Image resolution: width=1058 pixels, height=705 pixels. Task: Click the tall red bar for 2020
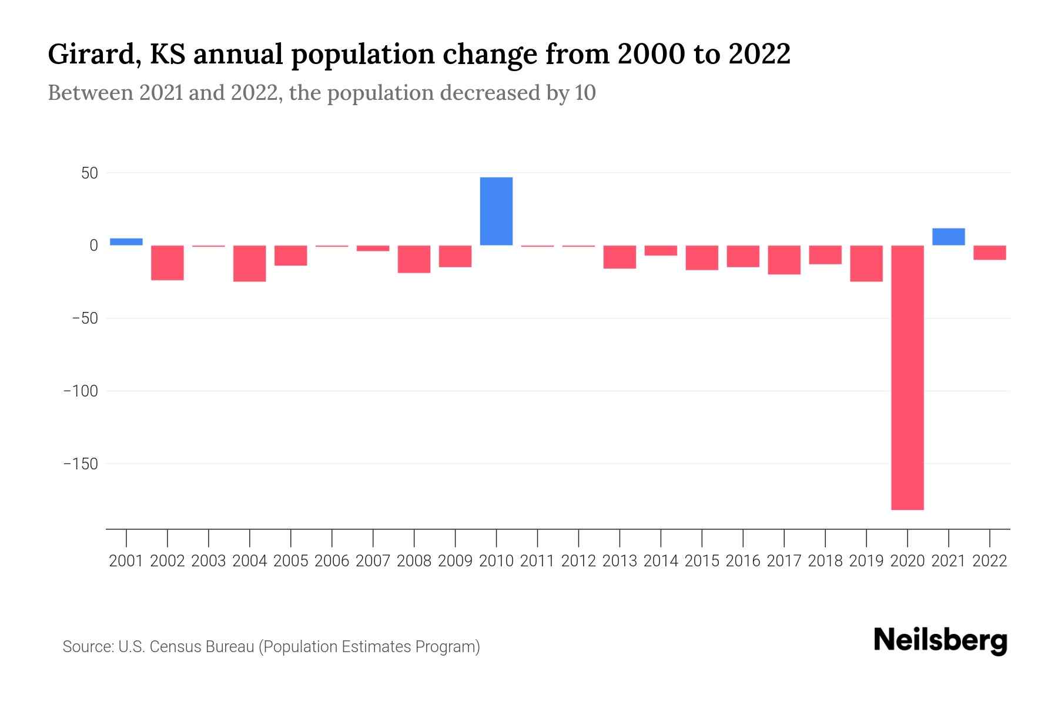908,377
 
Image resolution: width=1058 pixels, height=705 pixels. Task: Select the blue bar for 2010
496,211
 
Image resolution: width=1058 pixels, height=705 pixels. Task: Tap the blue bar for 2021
949,237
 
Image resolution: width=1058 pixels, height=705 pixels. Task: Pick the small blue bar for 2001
126,241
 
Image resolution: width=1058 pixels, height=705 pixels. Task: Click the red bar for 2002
168,263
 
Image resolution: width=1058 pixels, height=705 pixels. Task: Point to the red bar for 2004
250,263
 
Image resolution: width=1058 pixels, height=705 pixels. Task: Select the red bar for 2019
866,263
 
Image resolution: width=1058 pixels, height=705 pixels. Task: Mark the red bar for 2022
990,253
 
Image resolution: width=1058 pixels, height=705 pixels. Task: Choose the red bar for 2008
414,259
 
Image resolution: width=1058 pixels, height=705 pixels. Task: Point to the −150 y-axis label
81,464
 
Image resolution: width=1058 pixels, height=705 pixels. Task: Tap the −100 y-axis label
81,391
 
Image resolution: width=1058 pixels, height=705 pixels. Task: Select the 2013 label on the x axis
620,561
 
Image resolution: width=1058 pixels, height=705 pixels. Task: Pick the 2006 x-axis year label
332,561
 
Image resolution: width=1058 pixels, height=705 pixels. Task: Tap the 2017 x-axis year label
784,561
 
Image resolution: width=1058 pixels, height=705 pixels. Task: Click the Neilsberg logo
940,640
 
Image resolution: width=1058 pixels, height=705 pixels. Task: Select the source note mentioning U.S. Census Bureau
271,647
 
